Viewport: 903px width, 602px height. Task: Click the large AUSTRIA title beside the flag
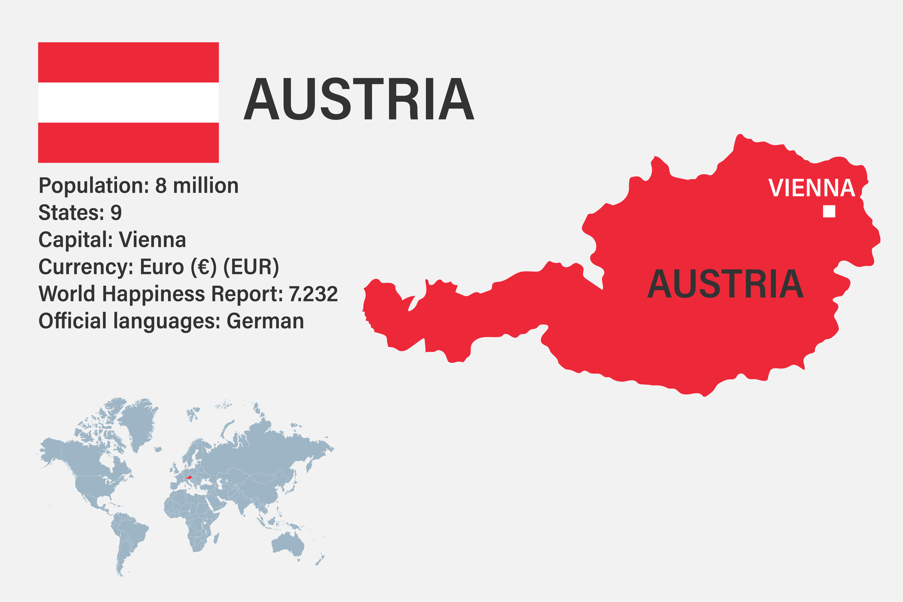click(358, 100)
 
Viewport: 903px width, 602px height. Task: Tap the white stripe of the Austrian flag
click(128, 103)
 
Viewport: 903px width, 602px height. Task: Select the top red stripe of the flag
click(128, 62)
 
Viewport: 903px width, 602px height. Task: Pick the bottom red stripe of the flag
click(128, 143)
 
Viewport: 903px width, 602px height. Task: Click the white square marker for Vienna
click(829, 212)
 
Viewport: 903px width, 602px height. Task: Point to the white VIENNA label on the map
click(811, 188)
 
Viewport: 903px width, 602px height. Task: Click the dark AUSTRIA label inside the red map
click(725, 285)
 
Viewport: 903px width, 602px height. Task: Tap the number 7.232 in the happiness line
click(313, 294)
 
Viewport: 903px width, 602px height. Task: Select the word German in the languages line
click(265, 322)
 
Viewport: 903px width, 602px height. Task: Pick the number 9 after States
click(116, 213)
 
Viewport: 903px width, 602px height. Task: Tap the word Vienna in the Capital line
click(152, 240)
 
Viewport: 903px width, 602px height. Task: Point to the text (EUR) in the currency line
click(251, 267)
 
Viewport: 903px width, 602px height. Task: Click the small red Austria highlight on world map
click(189, 478)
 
